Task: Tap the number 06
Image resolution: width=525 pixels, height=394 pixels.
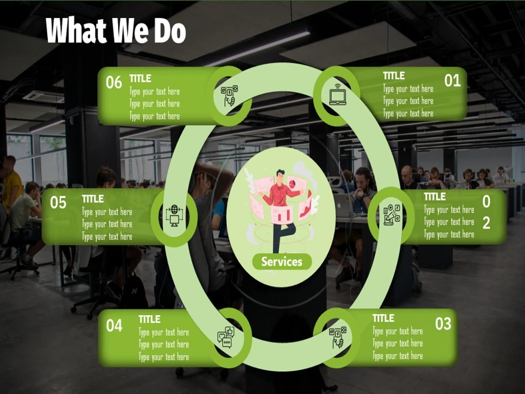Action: [x=114, y=82]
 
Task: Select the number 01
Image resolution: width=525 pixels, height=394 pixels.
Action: [x=453, y=81]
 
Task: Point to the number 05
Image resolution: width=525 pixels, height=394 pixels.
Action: [x=58, y=202]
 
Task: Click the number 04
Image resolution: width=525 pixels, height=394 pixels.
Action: [x=114, y=325]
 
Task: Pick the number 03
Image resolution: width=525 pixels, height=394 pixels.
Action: [x=443, y=324]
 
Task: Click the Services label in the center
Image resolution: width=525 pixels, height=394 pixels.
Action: [x=281, y=262]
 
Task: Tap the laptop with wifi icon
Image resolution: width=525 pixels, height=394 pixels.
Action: [x=338, y=95]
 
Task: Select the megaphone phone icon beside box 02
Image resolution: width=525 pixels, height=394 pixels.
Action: [x=392, y=215]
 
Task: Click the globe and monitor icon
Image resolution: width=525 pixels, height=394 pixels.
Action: [x=174, y=215]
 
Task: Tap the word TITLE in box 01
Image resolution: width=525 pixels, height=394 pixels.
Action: [x=394, y=76]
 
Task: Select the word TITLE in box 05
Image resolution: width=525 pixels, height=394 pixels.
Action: [x=93, y=199]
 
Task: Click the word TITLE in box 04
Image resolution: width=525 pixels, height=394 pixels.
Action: [x=149, y=319]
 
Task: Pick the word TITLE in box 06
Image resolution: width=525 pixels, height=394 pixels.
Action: [x=140, y=78]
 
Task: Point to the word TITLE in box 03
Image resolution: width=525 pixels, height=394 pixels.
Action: [x=383, y=318]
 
